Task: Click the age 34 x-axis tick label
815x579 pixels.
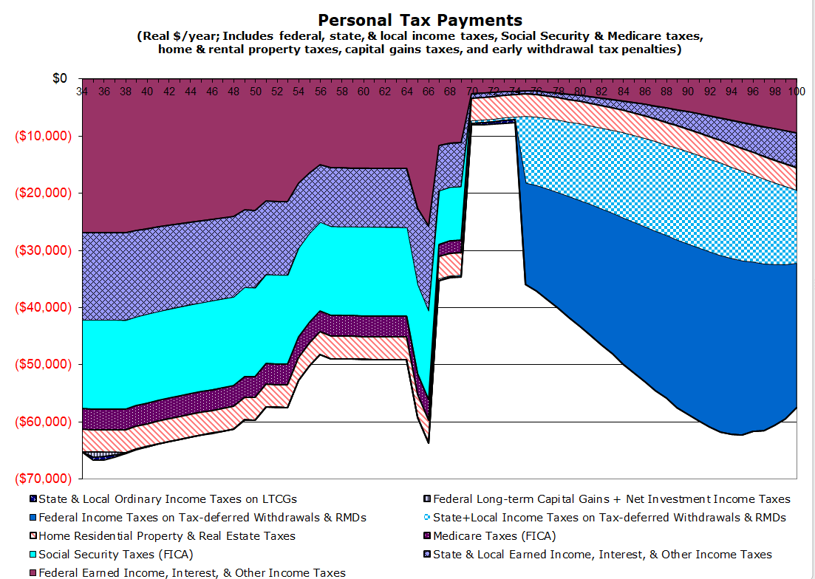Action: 81,92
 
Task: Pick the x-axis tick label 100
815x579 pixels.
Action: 796,92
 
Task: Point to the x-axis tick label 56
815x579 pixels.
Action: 320,92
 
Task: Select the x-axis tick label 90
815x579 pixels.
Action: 688,92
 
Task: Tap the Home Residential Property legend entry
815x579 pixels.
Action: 166,536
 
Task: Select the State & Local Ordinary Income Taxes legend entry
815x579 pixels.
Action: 167,499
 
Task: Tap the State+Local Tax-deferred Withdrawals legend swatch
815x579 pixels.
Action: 426,518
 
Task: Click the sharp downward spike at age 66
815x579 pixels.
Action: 428,442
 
